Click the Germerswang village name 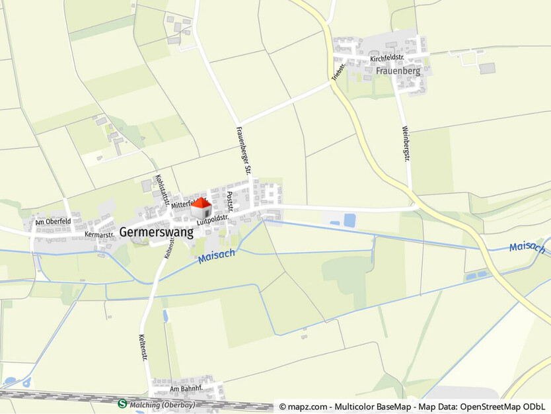tap(157, 232)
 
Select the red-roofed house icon tap(202, 210)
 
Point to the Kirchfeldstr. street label tap(387, 58)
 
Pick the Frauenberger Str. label tap(244, 150)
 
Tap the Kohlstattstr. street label tap(162, 189)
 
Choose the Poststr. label tap(230, 202)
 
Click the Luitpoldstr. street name tap(212, 220)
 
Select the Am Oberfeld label tap(53, 222)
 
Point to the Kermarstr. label tap(100, 234)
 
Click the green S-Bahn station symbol tap(122, 403)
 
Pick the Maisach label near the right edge tap(527, 248)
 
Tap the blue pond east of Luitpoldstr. tap(349, 220)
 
